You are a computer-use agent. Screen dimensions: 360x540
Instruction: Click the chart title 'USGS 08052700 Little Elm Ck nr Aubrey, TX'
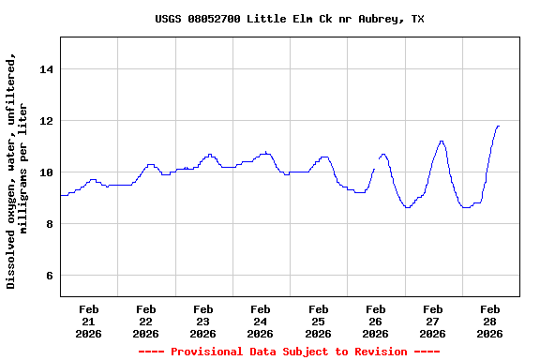(x=289, y=19)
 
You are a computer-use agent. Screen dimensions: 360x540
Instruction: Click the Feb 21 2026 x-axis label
(x=89, y=321)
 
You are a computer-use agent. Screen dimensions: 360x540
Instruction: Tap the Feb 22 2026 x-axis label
(x=146, y=321)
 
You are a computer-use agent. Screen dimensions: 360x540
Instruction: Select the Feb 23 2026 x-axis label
(x=203, y=321)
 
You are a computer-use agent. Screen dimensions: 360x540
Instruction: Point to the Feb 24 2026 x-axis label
(x=261, y=321)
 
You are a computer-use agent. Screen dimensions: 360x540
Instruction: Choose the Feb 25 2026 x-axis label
(x=318, y=321)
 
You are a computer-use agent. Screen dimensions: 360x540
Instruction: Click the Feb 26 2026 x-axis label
(x=375, y=321)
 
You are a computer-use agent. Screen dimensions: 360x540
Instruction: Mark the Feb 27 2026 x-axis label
(x=432, y=321)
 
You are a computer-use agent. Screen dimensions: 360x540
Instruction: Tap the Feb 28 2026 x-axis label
(x=489, y=321)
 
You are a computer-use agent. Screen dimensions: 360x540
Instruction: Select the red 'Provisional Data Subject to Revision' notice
(x=289, y=352)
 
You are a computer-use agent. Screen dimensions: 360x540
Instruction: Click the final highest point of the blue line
(x=498, y=126)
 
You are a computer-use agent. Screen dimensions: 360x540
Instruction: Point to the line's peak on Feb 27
(x=442, y=142)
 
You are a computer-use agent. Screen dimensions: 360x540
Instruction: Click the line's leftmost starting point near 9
(x=61, y=196)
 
